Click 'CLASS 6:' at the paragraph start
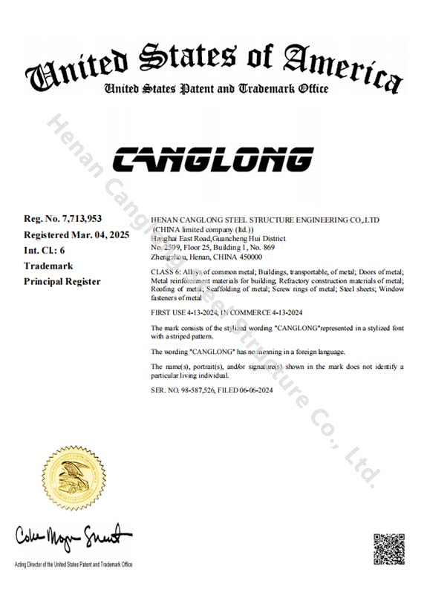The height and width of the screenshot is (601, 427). pyautogui.click(x=165, y=273)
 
